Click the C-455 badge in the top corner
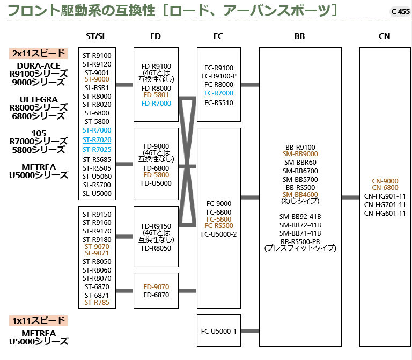[400, 11]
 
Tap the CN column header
[384, 36]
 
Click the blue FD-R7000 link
[156, 103]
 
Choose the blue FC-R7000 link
[218, 93]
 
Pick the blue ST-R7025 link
[97, 149]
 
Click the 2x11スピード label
[39, 53]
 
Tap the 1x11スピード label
[39, 321]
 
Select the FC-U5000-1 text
[218, 331]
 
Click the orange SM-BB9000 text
[300, 153]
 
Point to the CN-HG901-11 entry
[385, 196]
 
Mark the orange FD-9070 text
[156, 287]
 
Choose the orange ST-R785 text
[97, 303]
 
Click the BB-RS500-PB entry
[300, 241]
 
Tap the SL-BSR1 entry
[97, 87]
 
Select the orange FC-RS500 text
[218, 226]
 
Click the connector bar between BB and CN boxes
[350, 197]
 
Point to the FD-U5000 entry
[156, 183]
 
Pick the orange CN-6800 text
[385, 188]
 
